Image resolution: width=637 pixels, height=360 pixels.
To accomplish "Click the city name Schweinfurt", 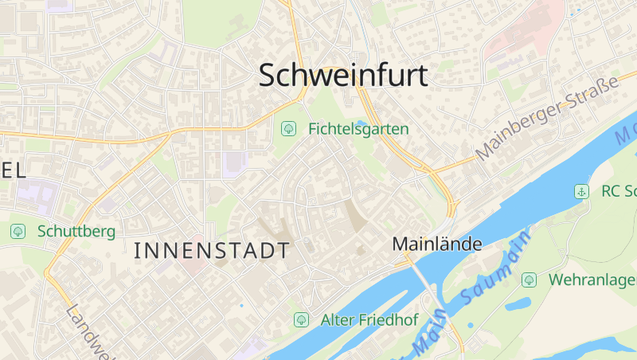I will point(343,75).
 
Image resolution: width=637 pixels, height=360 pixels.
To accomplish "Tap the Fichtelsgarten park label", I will point(358,128).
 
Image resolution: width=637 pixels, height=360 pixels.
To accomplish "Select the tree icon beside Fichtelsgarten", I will point(287,128).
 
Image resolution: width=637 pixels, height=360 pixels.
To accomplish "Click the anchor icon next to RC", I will point(582,191).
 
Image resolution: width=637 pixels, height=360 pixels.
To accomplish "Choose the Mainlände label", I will point(437,245).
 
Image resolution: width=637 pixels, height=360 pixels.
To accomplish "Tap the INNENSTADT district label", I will point(212,251).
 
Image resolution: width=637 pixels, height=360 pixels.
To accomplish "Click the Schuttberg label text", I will point(76,232).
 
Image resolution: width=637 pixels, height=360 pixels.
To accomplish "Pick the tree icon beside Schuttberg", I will point(18,231).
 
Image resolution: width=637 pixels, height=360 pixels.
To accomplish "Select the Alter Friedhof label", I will point(369,320).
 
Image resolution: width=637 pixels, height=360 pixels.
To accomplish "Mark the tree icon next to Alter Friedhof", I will point(301,320).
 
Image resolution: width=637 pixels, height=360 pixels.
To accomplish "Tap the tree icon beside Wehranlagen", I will point(529,280).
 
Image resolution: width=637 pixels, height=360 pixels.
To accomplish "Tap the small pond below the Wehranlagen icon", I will point(517,303).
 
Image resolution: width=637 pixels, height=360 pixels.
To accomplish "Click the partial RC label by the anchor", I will point(618,191).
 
